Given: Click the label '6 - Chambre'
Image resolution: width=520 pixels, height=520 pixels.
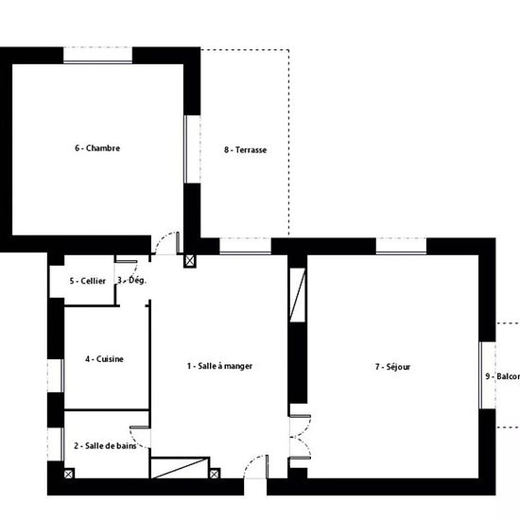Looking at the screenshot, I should (x=97, y=147).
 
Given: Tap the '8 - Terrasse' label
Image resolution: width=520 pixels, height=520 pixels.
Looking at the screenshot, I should (x=245, y=148).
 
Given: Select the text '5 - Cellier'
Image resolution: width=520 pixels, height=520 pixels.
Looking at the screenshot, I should (x=87, y=281).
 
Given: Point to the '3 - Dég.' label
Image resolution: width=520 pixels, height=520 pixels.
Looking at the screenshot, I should (x=131, y=280).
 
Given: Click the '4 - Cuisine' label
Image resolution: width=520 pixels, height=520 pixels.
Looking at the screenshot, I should (x=104, y=359).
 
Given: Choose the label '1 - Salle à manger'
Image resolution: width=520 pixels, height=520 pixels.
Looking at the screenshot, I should (x=219, y=366).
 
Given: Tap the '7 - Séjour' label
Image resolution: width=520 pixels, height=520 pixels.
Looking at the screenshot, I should (x=392, y=366).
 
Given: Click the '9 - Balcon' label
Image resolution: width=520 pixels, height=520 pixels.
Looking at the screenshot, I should (x=502, y=375).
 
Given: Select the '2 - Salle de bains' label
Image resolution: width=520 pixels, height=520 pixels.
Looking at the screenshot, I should (x=107, y=445).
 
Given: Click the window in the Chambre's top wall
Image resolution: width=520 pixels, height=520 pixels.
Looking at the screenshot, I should (x=96, y=55).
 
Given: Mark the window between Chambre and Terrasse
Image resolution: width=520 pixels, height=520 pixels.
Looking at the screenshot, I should (x=192, y=148).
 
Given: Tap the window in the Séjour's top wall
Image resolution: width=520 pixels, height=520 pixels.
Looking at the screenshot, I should (x=401, y=246).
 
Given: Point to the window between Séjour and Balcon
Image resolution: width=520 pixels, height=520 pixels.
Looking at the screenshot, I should (x=488, y=374).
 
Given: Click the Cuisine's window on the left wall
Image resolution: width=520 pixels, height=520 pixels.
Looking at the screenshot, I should (x=56, y=374).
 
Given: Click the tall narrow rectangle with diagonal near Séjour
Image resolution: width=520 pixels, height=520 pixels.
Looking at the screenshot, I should (x=299, y=295).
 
